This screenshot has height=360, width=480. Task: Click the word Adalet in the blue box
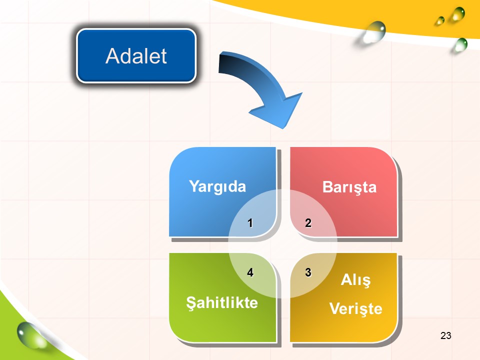pyautogui.click(x=136, y=56)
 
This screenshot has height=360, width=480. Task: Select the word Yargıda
pyautogui.click(x=217, y=186)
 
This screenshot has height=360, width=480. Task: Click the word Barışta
pyautogui.click(x=349, y=187)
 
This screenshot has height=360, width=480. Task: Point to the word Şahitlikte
pyautogui.click(x=222, y=303)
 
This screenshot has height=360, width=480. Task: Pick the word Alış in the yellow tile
pyautogui.click(x=355, y=280)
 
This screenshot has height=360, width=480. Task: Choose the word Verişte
pyautogui.click(x=355, y=308)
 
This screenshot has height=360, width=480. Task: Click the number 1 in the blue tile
pyautogui.click(x=250, y=223)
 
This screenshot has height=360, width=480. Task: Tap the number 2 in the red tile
pyautogui.click(x=308, y=222)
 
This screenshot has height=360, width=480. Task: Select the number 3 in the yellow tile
pyautogui.click(x=308, y=272)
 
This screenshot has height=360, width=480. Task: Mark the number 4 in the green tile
pyautogui.click(x=250, y=272)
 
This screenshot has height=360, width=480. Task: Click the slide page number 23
pyautogui.click(x=445, y=335)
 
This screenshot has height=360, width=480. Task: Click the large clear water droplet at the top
pyautogui.click(x=374, y=32)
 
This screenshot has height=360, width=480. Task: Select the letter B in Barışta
pyautogui.click(x=327, y=187)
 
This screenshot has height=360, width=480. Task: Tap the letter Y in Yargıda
pyautogui.click(x=194, y=185)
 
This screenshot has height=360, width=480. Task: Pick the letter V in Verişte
pyautogui.click(x=335, y=308)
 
